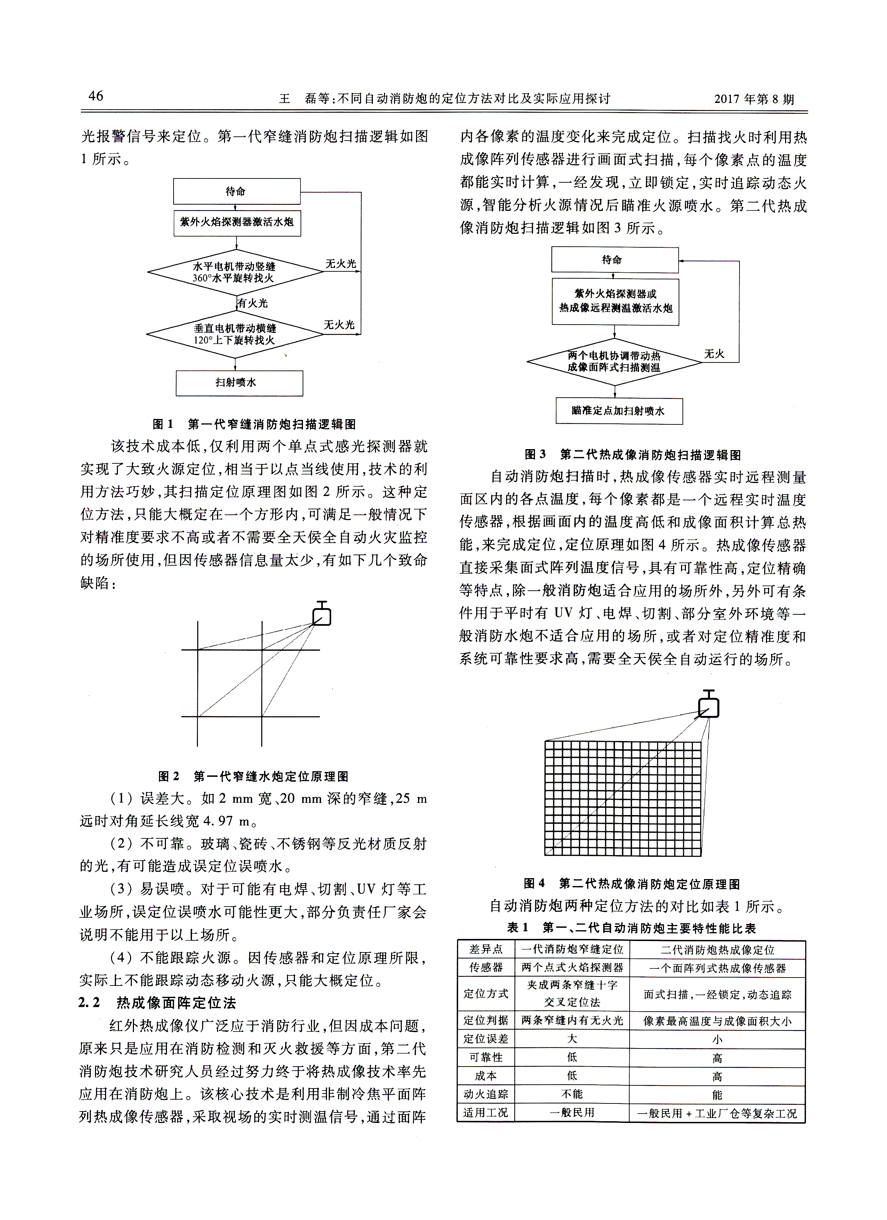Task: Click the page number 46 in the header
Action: [96, 96]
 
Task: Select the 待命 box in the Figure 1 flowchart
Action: [236, 191]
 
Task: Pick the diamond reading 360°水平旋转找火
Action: [235, 272]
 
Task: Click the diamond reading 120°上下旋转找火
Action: [235, 334]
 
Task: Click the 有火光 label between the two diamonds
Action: [253, 303]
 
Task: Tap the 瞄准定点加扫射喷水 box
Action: [618, 411]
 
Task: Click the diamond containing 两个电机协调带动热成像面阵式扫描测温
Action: [614, 361]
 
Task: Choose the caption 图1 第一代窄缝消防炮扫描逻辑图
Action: [254, 424]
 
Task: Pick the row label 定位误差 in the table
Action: [486, 1039]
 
